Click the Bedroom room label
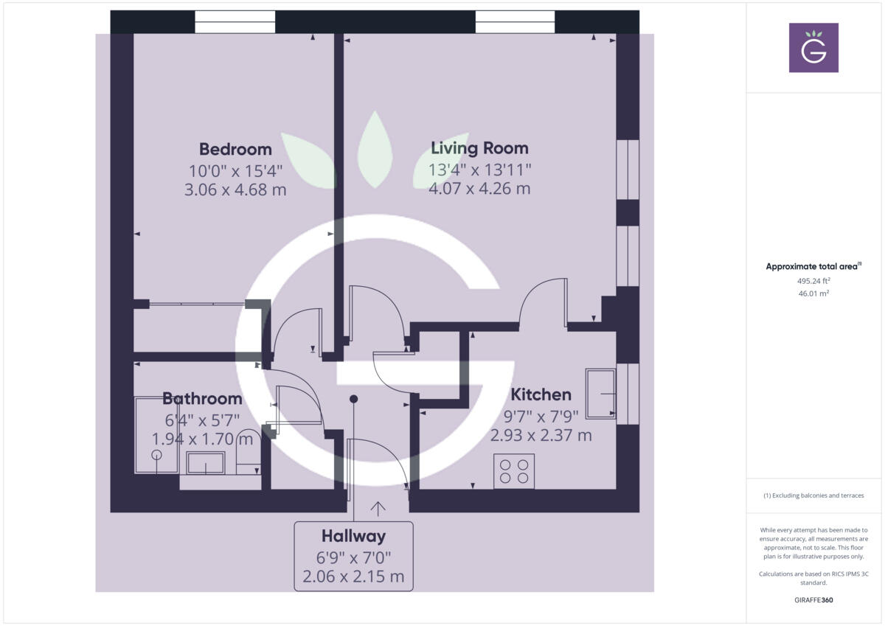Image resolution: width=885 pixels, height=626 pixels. [x=235, y=149]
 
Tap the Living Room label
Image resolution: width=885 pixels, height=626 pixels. [x=479, y=147]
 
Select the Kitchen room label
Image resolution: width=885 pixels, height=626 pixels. [x=541, y=394]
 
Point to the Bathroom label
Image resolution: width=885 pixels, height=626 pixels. [x=202, y=399]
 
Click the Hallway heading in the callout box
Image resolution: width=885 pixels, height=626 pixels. [x=353, y=536]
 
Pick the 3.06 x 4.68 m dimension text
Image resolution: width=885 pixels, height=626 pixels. [x=235, y=189]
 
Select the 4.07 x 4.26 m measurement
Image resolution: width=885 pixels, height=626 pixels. [x=479, y=188]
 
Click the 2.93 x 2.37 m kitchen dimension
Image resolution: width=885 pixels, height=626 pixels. [x=541, y=435]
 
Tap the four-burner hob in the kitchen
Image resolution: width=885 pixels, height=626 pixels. [x=514, y=471]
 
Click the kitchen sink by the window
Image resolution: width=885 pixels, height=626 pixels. [x=600, y=394]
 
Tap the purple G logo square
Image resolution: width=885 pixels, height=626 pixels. [x=813, y=48]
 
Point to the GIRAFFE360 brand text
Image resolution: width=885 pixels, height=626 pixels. [x=813, y=600]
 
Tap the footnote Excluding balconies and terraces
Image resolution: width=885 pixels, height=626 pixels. [x=813, y=495]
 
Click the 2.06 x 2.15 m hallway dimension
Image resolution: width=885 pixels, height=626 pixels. [x=353, y=576]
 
